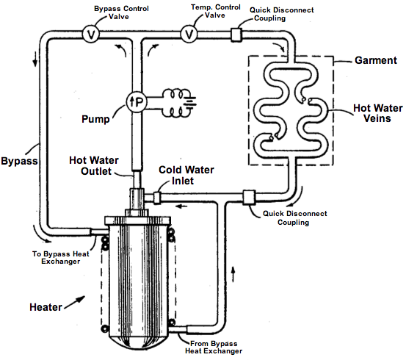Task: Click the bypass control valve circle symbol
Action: [x=90, y=34]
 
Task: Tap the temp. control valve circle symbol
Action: [x=189, y=34]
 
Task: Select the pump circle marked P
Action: [x=137, y=102]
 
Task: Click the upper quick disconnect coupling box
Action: [x=236, y=35]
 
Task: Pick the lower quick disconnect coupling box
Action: [x=249, y=198]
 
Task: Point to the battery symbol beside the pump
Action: [x=190, y=102]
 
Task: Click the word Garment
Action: [x=376, y=60]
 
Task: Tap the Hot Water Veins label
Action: [x=378, y=113]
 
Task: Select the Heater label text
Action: [x=46, y=307]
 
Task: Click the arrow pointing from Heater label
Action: [x=75, y=302]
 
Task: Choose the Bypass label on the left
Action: [x=19, y=161]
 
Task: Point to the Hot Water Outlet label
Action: [x=94, y=165]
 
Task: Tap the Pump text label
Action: [x=95, y=119]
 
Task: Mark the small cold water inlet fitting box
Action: [x=157, y=198]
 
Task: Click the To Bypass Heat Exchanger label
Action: [x=61, y=257]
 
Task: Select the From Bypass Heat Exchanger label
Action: [x=214, y=348]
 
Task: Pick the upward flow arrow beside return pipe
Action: [x=233, y=274]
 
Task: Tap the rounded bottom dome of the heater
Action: [x=139, y=343]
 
